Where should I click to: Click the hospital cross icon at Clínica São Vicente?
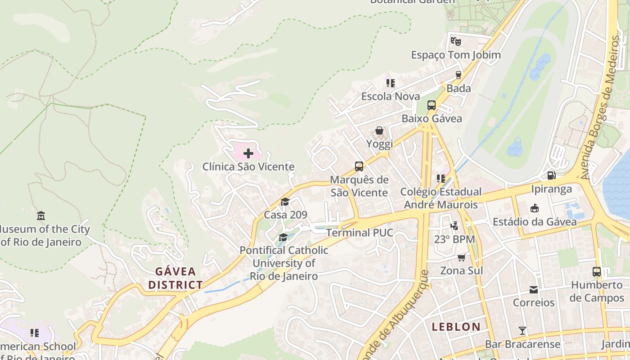[248, 153]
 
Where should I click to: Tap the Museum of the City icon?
[41, 216]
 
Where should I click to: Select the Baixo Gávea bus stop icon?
[431, 105]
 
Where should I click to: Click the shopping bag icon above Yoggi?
[379, 130]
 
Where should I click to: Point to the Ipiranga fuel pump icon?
[551, 175]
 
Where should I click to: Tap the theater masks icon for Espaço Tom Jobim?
[455, 41]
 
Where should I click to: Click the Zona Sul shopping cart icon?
[461, 257]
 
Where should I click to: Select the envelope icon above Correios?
[534, 289]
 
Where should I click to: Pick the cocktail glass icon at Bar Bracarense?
[522, 331]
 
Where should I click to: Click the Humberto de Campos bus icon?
[597, 272]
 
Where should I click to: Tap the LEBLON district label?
[456, 327]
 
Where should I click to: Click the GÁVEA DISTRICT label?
[175, 278]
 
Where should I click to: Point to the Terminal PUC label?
[360, 233]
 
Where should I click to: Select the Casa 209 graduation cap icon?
[285, 202]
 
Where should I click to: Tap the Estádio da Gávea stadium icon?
[534, 208]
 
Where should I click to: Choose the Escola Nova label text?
[391, 96]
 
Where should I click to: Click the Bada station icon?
[459, 75]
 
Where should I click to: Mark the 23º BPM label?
[454, 239]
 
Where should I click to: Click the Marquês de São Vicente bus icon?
[359, 166]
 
